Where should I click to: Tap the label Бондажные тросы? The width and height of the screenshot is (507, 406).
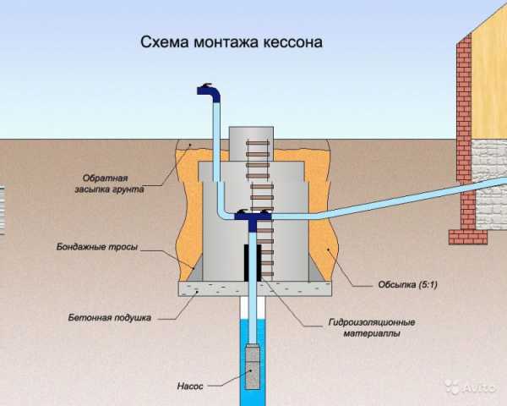pos(97,247)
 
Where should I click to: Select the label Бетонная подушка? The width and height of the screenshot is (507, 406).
pos(110,318)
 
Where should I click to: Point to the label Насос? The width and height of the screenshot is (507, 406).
pos(190,386)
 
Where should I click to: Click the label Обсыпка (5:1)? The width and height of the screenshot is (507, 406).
pos(408,284)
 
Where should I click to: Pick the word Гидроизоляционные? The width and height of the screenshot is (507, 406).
pos(372,322)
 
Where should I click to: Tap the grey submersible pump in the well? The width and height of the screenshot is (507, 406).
pos(253,366)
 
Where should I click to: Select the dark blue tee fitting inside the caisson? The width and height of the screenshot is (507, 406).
pos(253,218)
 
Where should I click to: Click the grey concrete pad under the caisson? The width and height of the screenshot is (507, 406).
pos(255,288)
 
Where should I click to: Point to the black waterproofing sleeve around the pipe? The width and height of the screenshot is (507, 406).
pos(253,262)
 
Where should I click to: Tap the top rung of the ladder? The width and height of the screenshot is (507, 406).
pos(258,143)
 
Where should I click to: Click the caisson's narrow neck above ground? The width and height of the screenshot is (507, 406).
pos(251,144)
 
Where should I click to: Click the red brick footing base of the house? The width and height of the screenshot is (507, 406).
pos(468,237)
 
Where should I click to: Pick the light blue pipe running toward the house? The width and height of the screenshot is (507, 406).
pos(388,200)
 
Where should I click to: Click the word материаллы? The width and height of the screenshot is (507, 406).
pos(372,333)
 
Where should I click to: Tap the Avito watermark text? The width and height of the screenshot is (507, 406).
pos(480,387)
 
